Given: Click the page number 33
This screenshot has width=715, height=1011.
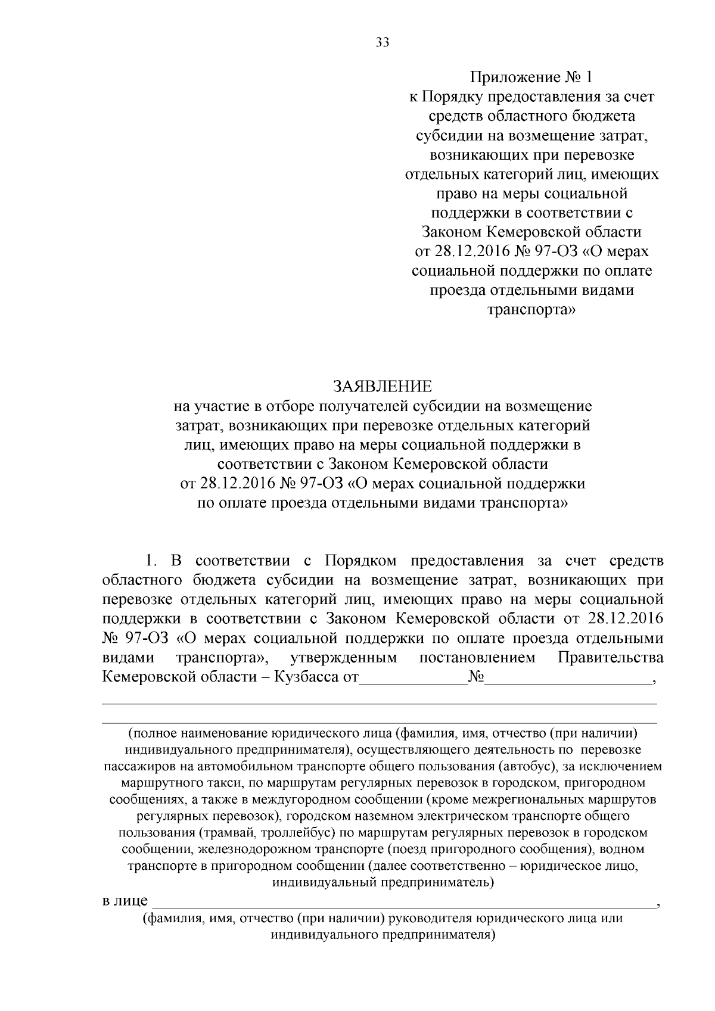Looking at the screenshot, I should tap(382, 42).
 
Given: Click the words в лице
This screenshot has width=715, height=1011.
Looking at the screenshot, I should tap(125, 900).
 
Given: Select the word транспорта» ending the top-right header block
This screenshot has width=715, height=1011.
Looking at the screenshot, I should tap(531, 310).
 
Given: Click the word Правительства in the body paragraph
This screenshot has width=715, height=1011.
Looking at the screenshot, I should tap(610, 658).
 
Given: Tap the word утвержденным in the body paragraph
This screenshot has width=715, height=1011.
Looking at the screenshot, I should tap(344, 658).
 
